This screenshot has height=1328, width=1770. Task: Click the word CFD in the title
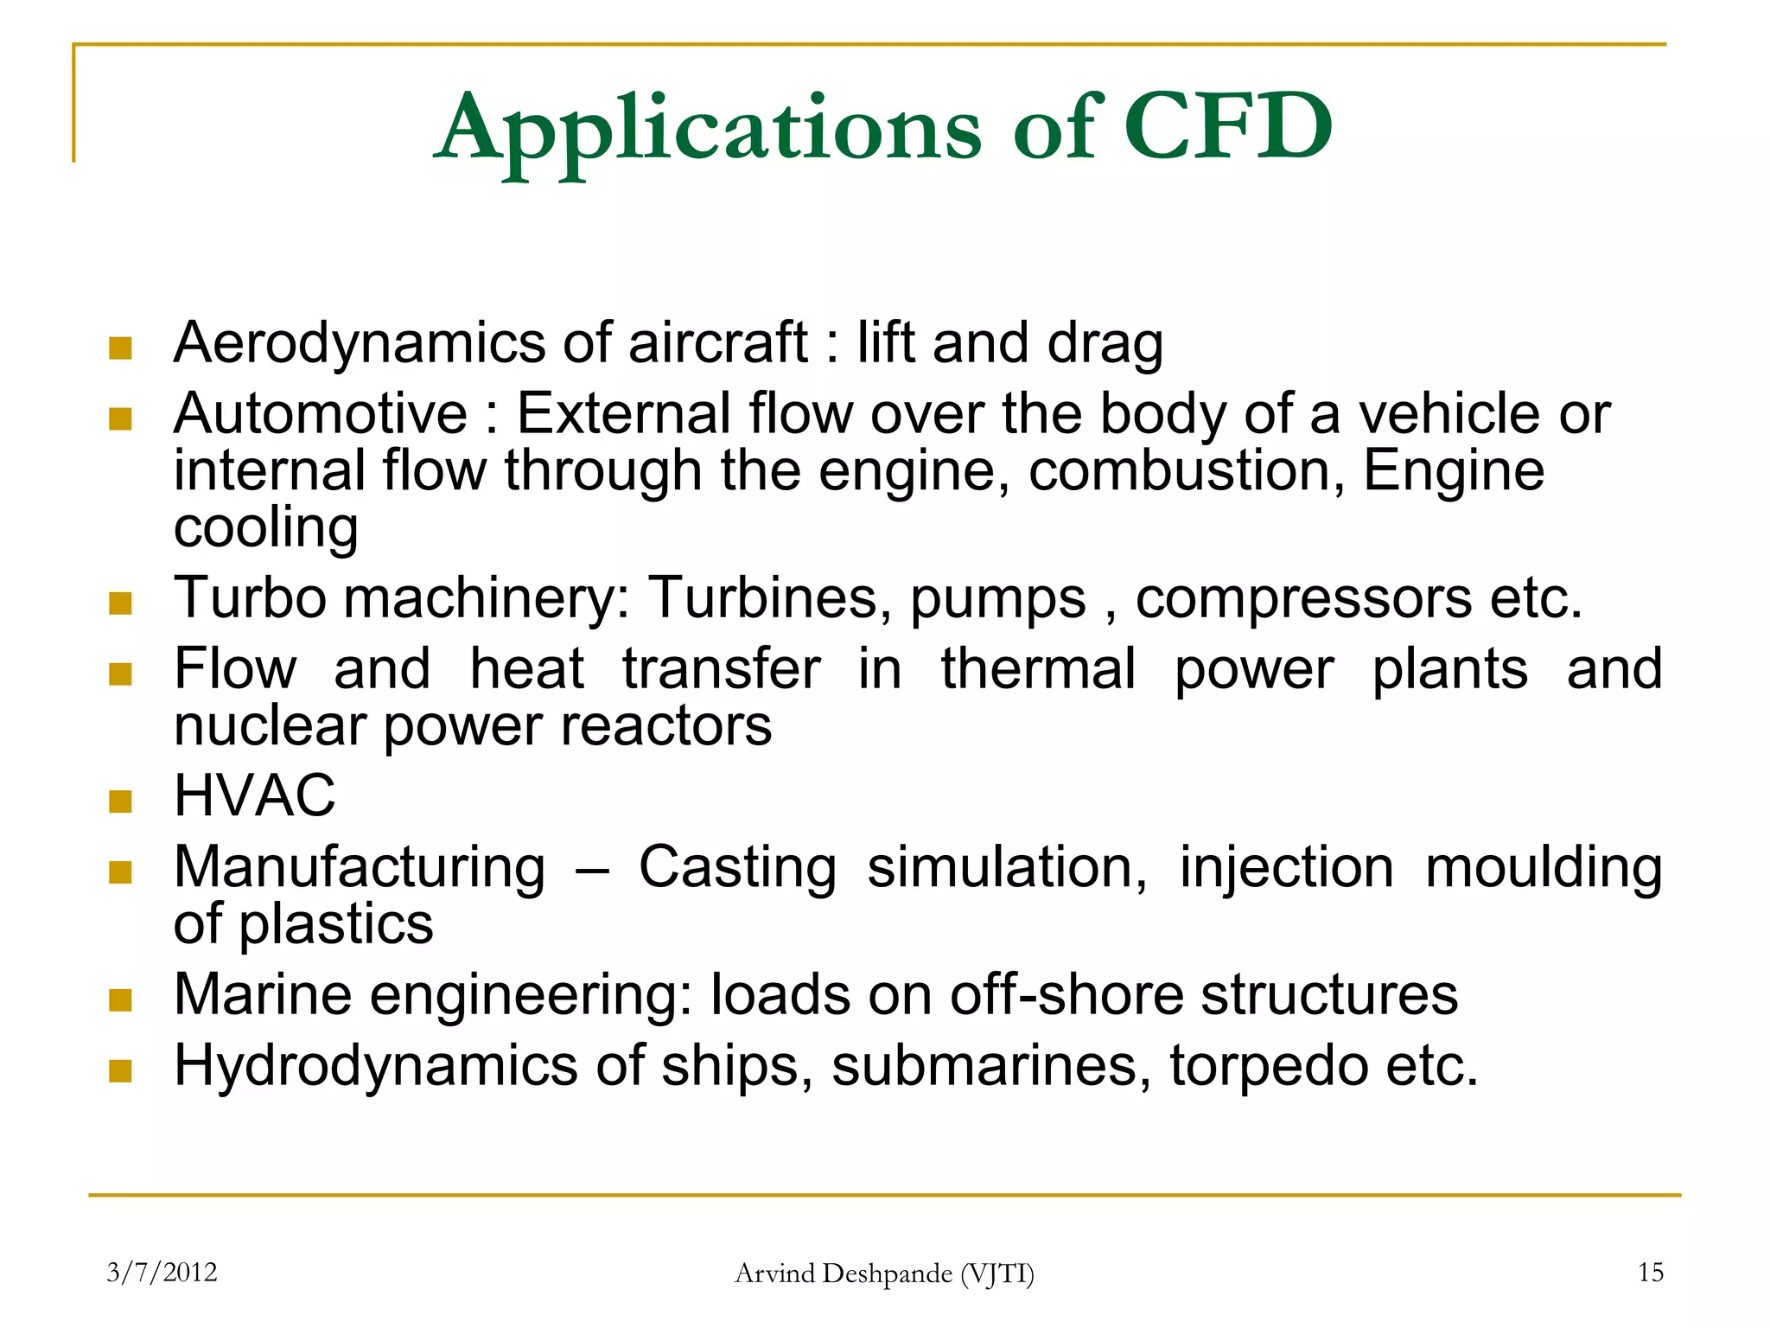[1227, 127]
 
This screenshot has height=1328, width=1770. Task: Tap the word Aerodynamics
[359, 343]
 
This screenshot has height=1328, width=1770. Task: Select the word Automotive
[321, 413]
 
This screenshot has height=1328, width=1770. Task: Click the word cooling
[265, 528]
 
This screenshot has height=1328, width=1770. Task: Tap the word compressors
[1302, 598]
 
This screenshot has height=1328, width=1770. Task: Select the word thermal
[1038, 668]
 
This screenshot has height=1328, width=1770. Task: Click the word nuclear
[270, 725]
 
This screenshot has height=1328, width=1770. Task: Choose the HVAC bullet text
[254, 795]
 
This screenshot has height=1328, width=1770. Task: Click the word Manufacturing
[360, 867]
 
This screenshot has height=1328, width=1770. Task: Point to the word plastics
[335, 924]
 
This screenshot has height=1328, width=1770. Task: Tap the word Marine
[263, 994]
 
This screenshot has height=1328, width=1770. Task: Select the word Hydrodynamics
[375, 1065]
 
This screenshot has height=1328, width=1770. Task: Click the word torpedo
[1269, 1065]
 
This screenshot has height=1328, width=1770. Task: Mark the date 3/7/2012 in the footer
[162, 1272]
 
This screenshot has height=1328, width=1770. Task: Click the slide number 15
[1650, 1272]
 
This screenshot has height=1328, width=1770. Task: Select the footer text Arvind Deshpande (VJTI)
[884, 1273]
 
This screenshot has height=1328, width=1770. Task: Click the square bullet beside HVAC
[120, 801]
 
